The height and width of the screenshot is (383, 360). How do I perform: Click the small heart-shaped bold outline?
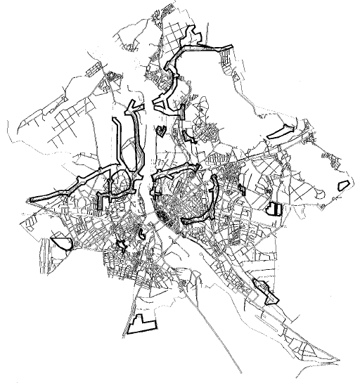161,130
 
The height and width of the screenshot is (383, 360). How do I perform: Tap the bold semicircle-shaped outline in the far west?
60,243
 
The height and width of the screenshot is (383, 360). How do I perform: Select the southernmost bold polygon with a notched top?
143,323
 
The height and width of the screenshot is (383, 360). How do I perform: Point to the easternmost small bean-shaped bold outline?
344,185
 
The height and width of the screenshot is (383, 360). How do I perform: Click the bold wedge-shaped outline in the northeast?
281,131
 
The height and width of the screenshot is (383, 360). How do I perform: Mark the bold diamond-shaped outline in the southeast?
265,291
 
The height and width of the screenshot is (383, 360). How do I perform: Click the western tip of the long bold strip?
30,200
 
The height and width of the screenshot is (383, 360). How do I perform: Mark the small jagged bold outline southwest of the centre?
122,245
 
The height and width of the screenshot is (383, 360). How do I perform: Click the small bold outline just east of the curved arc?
241,188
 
